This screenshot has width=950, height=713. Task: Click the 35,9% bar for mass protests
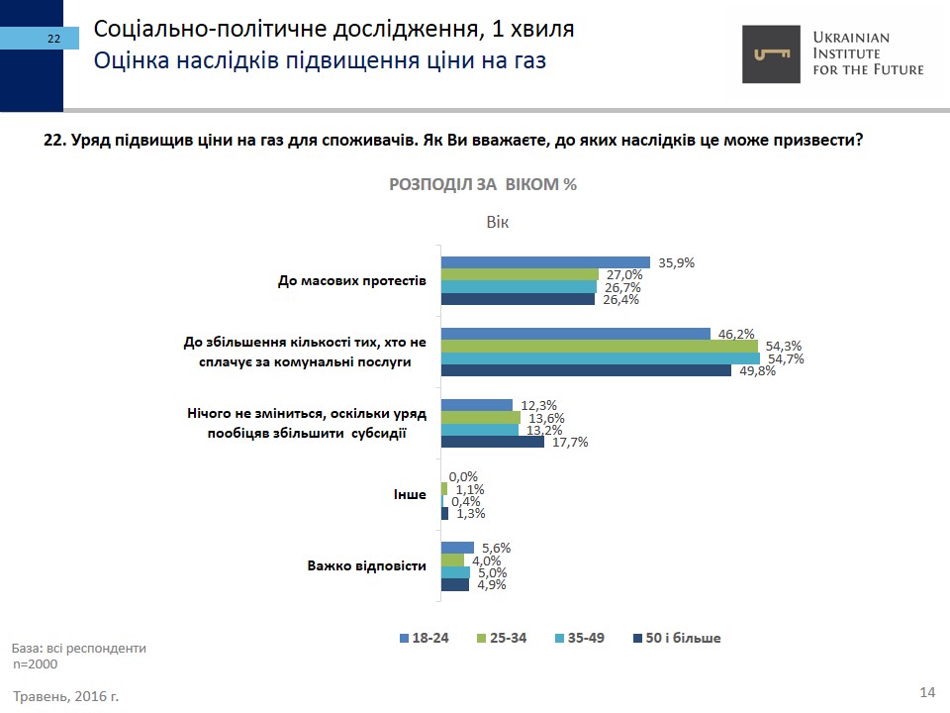click(x=544, y=262)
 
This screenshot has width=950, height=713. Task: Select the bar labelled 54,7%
click(x=600, y=358)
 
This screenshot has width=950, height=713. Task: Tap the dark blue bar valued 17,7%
click(x=492, y=442)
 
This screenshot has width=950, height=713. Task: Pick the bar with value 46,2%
click(x=575, y=334)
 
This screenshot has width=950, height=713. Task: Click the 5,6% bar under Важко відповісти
click(x=457, y=548)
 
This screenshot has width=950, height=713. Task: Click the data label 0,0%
click(x=464, y=476)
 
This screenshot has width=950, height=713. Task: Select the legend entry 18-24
click(x=425, y=638)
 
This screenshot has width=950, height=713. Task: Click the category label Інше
click(x=411, y=494)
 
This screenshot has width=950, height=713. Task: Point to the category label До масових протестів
click(x=351, y=280)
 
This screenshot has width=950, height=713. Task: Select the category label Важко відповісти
click(x=366, y=566)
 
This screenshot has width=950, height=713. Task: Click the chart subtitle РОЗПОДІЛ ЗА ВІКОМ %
click(x=483, y=185)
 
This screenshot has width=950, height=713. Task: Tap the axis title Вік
click(x=497, y=222)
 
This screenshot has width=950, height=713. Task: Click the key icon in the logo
click(x=773, y=53)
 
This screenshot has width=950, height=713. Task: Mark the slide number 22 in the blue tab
click(x=53, y=39)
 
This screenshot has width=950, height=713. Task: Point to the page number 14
click(x=927, y=691)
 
